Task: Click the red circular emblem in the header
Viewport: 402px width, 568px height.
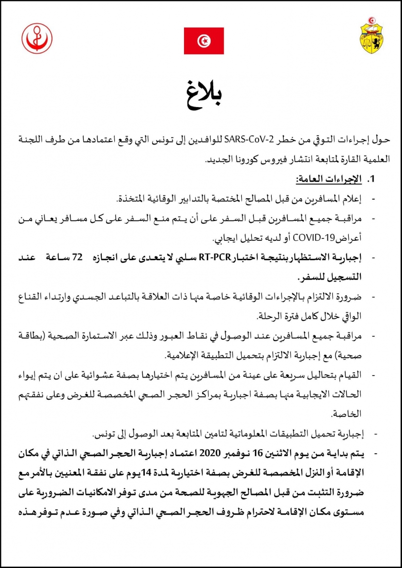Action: tap(37, 38)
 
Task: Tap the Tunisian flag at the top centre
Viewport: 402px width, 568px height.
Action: tap(203, 41)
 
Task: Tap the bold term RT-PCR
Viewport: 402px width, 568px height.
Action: tap(214, 257)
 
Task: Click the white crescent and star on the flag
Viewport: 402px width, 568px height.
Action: tap(203, 41)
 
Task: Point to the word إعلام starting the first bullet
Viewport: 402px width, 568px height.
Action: tap(352, 199)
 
